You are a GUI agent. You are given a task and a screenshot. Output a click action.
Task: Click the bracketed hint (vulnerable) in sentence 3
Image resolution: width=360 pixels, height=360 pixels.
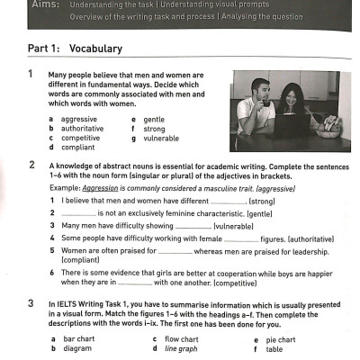click(x=240, y=226)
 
